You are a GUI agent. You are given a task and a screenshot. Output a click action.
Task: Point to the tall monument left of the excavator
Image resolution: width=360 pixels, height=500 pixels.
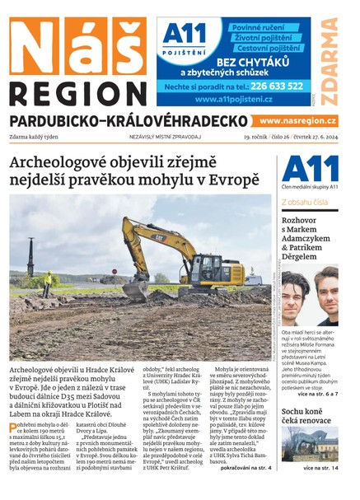click(x=30, y=259)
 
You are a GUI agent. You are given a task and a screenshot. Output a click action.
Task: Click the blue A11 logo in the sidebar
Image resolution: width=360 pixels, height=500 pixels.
click(x=309, y=170)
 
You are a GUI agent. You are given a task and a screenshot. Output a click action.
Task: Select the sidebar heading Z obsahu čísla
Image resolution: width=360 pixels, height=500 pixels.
click(x=305, y=201)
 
